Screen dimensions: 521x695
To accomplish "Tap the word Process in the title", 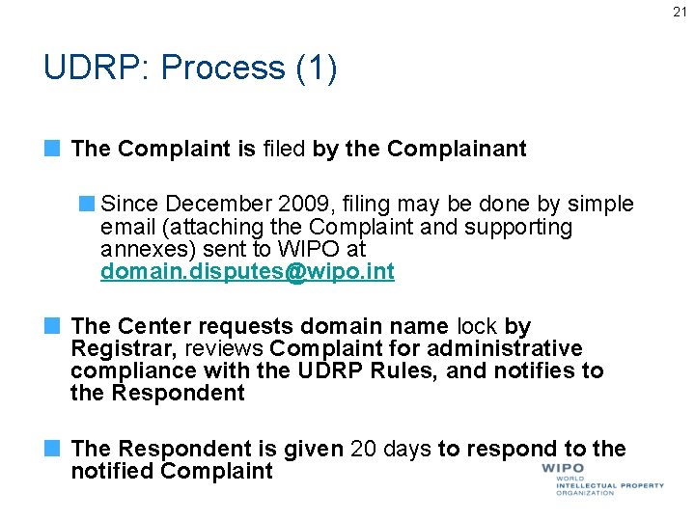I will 223,68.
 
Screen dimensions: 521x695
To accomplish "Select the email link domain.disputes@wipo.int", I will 247,272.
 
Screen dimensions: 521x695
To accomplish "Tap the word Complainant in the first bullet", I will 457,149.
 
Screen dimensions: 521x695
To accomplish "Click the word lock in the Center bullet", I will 479,326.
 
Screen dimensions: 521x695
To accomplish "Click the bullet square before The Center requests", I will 54,326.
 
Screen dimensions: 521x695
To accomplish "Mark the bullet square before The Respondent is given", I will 54,449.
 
